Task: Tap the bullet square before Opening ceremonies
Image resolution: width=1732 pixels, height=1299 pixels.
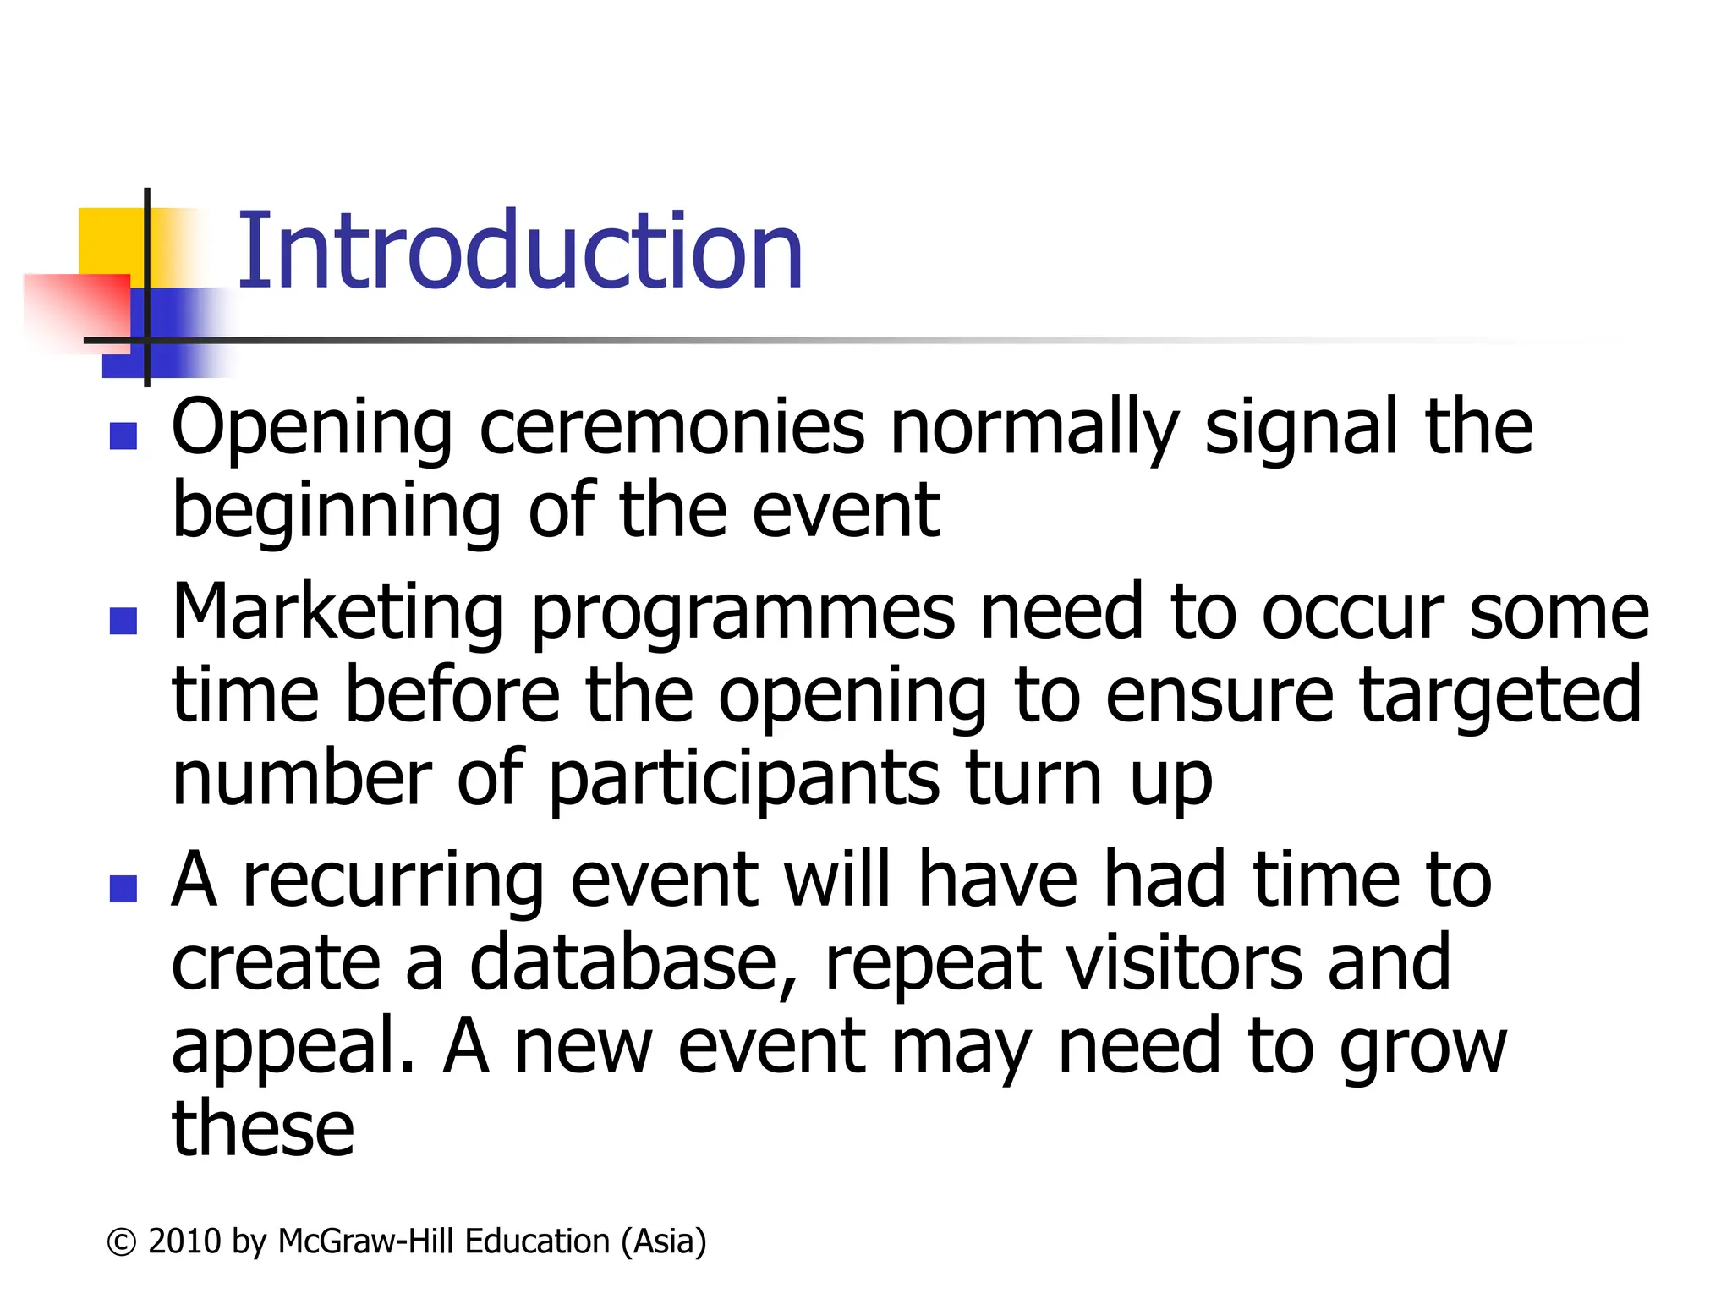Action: coord(123,436)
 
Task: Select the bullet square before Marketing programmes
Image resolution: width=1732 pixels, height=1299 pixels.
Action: coord(123,621)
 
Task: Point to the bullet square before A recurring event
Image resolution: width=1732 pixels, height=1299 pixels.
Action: coord(123,889)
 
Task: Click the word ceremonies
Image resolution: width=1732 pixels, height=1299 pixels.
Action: coord(672,427)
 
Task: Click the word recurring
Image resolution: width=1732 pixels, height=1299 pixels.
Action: coord(393,882)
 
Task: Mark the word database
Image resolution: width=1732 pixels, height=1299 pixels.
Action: coord(633,963)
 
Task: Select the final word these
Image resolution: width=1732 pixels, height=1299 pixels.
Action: coord(263,1129)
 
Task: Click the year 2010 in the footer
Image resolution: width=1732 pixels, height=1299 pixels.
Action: coord(184,1241)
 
